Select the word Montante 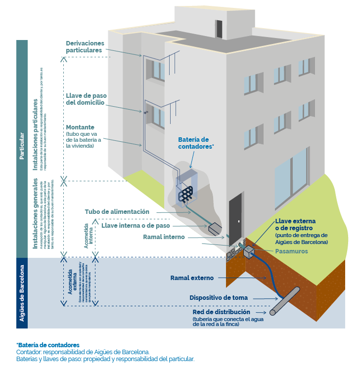(80, 127)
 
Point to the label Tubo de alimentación (117, 212)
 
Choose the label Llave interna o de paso (135, 225)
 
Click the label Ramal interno (164, 237)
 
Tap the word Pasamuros (292, 251)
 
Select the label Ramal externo (192, 278)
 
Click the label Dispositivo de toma (219, 298)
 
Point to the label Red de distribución (222, 313)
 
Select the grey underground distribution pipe (285, 301)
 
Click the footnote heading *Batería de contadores (47, 344)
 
